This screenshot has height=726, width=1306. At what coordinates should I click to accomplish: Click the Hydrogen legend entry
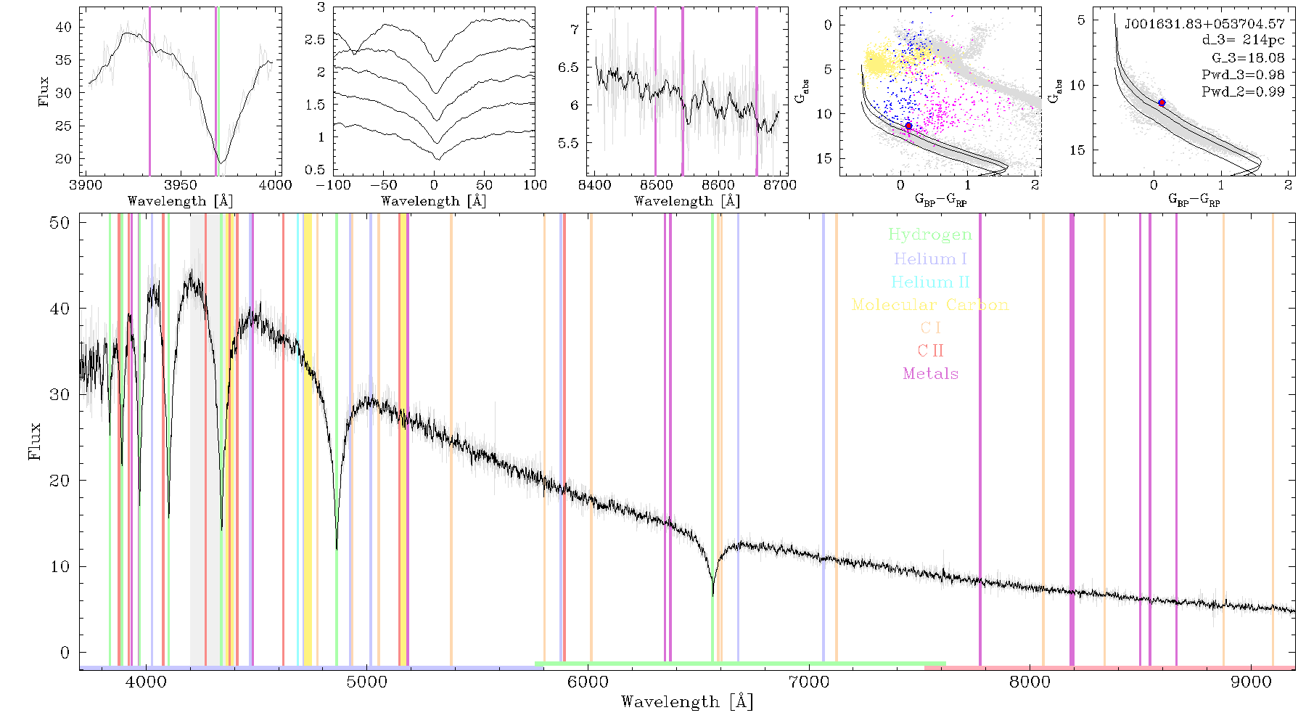tap(930, 235)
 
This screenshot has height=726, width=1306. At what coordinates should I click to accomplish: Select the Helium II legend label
tap(930, 282)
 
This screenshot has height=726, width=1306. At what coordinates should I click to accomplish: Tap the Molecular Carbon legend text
tap(930, 305)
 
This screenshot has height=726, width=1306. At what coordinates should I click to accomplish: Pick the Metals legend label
tap(931, 374)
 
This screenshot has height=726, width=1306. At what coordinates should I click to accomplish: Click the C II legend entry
tap(931, 351)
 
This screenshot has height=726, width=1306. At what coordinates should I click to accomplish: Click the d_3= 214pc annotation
tap(1244, 41)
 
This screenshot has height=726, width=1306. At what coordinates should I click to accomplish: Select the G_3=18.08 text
tap(1248, 58)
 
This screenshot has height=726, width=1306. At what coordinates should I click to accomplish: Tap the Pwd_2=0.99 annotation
tap(1243, 92)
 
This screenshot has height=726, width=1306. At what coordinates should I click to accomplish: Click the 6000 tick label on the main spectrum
tap(588, 682)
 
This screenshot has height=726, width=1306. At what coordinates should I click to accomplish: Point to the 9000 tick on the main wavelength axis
tap(1251, 682)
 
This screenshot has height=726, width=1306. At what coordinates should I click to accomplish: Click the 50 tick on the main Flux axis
tap(60, 223)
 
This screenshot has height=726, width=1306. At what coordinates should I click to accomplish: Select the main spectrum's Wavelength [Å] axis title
tap(687, 702)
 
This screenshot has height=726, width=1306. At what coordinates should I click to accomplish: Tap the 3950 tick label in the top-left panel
tap(180, 184)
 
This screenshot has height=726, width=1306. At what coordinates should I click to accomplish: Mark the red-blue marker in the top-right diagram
tap(1162, 103)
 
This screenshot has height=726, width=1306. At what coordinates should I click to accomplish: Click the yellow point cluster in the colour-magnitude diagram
tap(879, 62)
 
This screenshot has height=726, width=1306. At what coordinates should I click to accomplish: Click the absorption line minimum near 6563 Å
tap(713, 595)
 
